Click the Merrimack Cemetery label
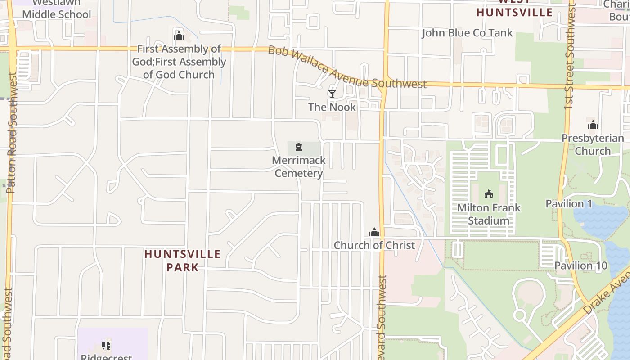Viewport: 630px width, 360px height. coord(299,167)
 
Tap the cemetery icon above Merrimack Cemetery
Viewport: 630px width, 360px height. coord(298,147)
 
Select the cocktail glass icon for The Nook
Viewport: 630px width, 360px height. coord(332,94)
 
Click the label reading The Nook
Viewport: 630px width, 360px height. coord(332,107)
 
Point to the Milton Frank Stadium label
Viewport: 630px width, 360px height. coord(489,214)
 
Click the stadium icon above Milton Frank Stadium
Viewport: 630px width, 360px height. coord(489,194)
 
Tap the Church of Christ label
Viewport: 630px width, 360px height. coord(374,245)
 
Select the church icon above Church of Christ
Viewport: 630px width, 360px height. coord(374,232)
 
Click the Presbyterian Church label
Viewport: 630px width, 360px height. coord(593,144)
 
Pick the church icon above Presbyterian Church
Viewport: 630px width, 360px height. coord(593,125)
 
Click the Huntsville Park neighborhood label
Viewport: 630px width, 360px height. coord(182,261)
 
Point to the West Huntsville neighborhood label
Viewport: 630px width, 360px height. coord(514,9)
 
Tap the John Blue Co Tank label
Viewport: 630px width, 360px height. coord(467,33)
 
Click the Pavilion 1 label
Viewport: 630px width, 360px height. coord(569,204)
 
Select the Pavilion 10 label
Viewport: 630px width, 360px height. coord(580,265)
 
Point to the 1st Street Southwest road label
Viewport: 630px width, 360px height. coord(570,56)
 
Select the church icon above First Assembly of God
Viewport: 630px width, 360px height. coord(179,36)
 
